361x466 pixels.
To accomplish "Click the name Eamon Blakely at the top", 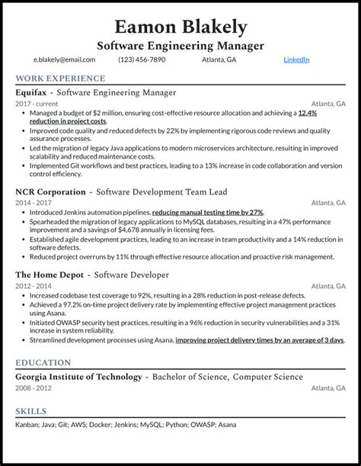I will tap(180, 27).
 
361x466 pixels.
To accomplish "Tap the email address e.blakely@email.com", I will tap(64, 59).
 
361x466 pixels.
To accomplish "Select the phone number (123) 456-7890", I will tap(142, 59).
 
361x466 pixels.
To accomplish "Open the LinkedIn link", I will tap(296, 59).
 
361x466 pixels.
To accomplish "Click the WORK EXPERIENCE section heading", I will tap(60, 79).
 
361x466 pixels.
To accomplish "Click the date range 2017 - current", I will tap(36, 104).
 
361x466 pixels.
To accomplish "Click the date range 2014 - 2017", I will tap(34, 203).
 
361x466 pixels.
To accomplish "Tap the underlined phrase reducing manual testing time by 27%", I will tap(207, 212).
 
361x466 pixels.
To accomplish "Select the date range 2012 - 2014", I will tap(34, 285).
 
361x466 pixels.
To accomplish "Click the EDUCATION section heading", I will tap(43, 363).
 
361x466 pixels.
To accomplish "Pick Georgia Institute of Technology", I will tap(78, 377).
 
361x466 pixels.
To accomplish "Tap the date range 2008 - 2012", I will tap(34, 387).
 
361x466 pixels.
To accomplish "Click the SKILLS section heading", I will tap(31, 412).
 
